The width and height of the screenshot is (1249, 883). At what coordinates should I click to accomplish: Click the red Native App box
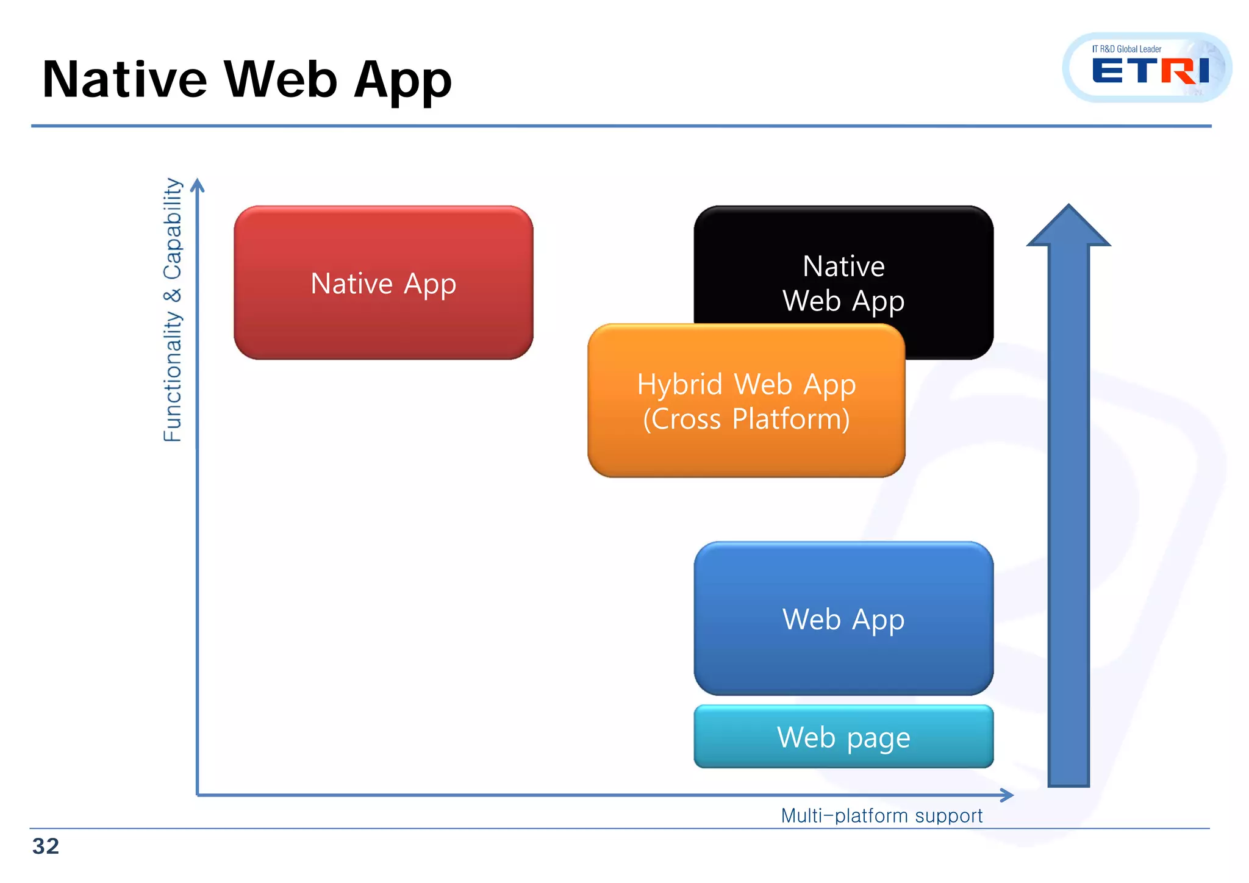point(383,283)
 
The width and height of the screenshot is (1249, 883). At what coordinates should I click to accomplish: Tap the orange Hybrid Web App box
point(746,401)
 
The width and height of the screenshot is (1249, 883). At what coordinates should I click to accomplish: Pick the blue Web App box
point(843,618)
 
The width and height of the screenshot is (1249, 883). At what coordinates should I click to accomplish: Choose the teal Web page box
point(843,737)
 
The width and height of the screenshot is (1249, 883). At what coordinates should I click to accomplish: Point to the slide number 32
point(46,846)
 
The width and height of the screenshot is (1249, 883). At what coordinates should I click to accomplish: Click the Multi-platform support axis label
point(881,815)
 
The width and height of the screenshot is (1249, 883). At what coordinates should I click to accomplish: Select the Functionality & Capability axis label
point(173,310)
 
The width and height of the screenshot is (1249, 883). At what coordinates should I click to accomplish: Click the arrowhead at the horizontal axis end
point(1007,795)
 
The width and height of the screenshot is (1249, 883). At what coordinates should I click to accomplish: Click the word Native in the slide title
point(125,80)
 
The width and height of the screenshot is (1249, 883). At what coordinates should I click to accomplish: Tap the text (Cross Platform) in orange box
point(746,419)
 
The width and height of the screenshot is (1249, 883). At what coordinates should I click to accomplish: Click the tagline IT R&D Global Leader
point(1126,49)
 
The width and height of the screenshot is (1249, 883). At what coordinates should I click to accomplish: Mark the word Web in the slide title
point(281,80)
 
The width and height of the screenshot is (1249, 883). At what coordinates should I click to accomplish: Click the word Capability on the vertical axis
point(173,229)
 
